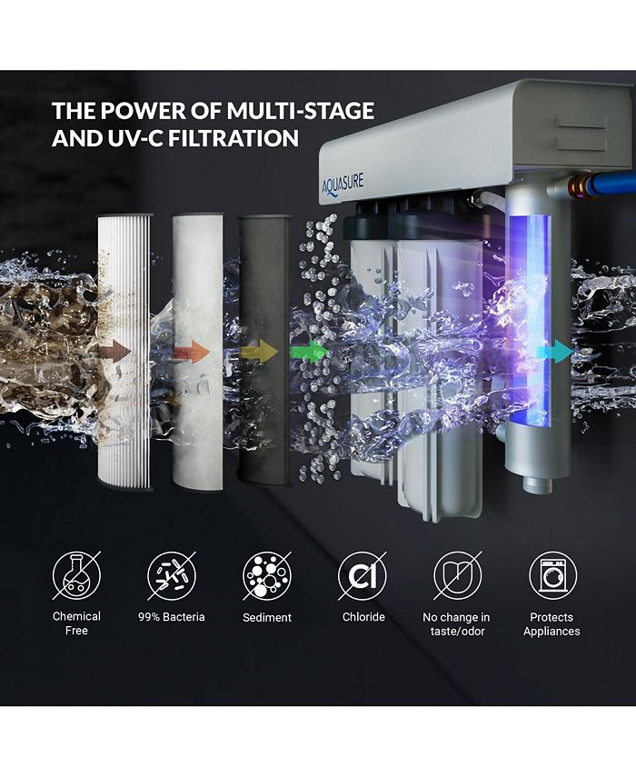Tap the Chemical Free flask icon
76,574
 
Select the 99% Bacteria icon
172,574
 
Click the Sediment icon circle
267,574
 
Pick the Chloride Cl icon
363,574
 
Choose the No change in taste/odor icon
457,574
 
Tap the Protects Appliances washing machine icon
552,574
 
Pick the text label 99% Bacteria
172,617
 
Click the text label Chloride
363,617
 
